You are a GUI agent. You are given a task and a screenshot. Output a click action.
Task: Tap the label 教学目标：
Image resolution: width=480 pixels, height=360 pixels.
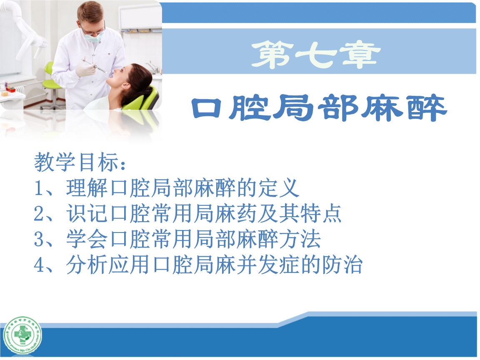(79, 162)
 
